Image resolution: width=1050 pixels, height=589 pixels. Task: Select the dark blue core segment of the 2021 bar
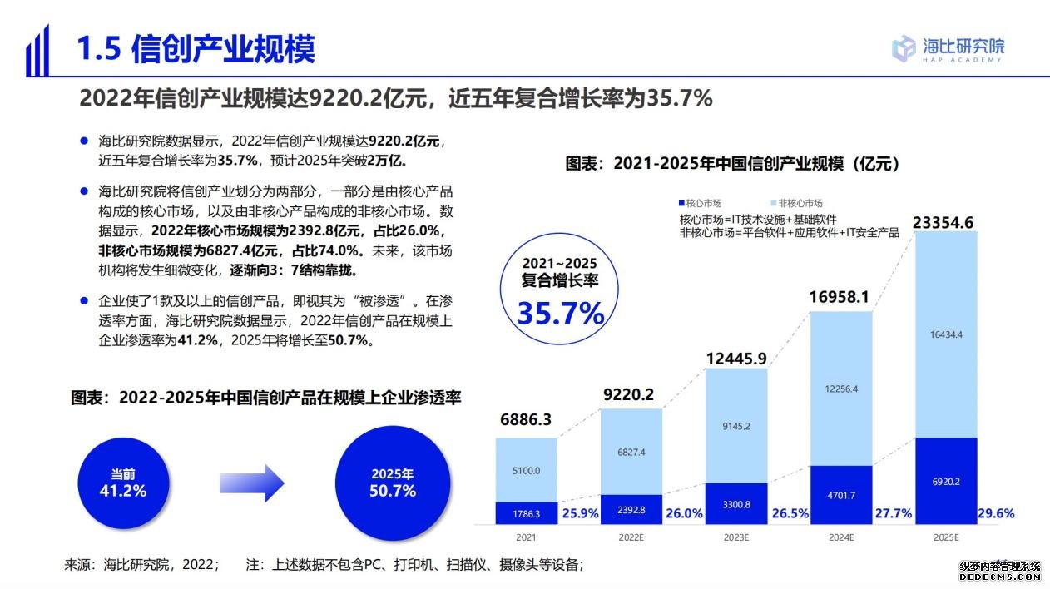click(526, 513)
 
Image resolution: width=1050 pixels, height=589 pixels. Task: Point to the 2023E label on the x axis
click(736, 537)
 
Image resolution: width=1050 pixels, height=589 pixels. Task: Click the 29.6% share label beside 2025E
click(995, 513)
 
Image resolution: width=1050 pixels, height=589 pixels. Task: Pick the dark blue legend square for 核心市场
click(682, 203)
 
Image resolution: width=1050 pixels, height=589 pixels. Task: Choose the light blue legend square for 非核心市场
click(775, 203)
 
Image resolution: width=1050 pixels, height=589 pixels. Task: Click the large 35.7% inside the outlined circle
click(561, 313)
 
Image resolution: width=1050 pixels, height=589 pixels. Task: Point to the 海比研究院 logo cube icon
click(904, 48)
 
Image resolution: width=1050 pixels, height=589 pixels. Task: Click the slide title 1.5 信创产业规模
click(196, 50)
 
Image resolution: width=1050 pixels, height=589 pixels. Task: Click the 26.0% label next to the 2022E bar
click(684, 513)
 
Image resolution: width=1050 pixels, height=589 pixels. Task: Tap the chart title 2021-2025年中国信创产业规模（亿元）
click(733, 164)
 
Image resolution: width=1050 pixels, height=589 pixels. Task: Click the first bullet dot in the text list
click(83, 141)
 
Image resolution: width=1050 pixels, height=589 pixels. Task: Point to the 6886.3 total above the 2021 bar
click(526, 420)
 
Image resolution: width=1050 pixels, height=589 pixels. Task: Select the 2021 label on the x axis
click(526, 537)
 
